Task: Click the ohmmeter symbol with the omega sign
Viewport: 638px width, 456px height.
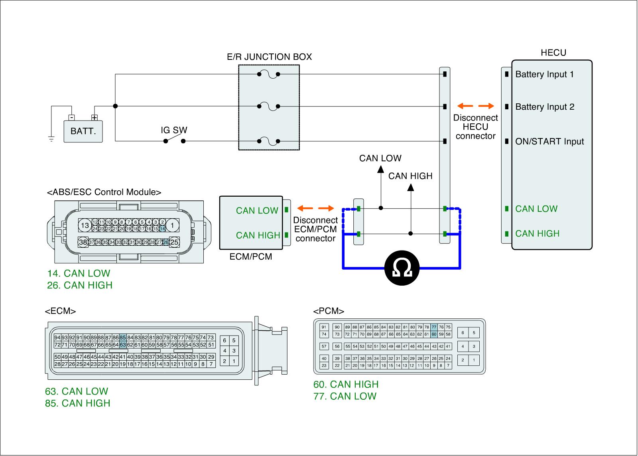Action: [x=402, y=268]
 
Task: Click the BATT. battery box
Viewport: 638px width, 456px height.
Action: [x=83, y=131]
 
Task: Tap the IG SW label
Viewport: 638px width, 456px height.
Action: [x=174, y=130]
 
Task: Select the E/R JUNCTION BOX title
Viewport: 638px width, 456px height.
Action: [x=269, y=57]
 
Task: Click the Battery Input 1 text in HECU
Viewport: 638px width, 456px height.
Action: [x=544, y=74]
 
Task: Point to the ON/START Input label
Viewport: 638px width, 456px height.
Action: [x=549, y=142]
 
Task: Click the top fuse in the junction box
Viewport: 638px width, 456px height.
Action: [x=268, y=74]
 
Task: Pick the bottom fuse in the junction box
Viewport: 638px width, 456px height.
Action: [x=268, y=141]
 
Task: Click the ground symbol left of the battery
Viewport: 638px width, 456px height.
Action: [x=51, y=139]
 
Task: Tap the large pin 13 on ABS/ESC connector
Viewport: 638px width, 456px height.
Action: [x=85, y=225]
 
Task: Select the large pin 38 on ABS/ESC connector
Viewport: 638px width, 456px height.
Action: [x=83, y=242]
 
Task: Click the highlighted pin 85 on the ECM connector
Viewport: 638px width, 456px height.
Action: [x=123, y=338]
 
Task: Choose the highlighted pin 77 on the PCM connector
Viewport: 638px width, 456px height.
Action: [x=434, y=327]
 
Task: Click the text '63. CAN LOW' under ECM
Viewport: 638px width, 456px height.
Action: [x=77, y=391]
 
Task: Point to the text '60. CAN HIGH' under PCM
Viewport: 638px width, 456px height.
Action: [x=346, y=384]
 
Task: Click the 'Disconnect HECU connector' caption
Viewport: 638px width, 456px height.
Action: [x=476, y=127]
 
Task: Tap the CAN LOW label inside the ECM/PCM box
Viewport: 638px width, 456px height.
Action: [x=257, y=211]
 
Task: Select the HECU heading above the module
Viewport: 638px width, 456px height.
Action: [x=553, y=53]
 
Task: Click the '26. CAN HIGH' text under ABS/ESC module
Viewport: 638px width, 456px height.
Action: [x=80, y=285]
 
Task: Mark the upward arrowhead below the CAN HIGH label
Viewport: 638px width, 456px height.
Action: [x=411, y=187]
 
